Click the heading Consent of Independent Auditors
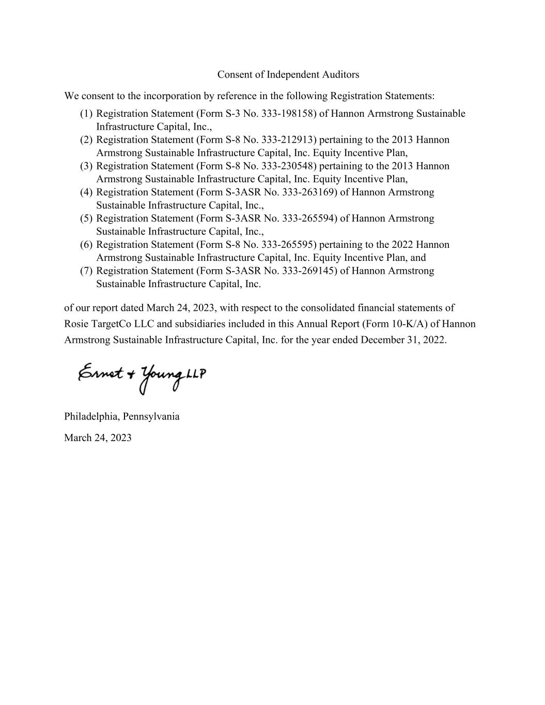coord(288,74)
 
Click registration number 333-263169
coord(309,193)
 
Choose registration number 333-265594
coord(309,218)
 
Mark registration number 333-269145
coord(309,271)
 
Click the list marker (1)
coord(86,114)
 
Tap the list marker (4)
coord(86,193)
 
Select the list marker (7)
coord(86,271)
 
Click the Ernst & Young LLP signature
coord(142,378)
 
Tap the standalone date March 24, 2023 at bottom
coord(98,438)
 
